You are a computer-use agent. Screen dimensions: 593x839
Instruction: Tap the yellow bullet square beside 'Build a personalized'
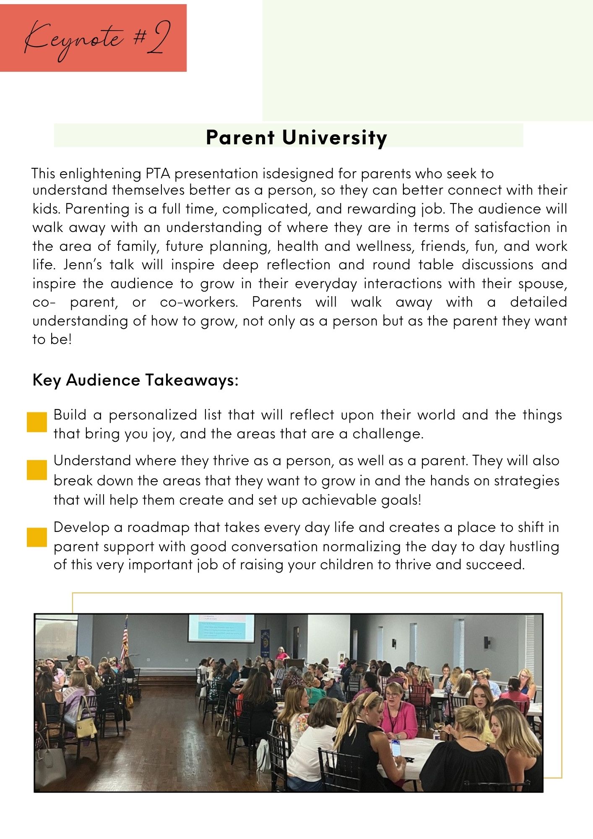(x=37, y=422)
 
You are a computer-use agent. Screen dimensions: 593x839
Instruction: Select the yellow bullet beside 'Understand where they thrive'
(x=37, y=470)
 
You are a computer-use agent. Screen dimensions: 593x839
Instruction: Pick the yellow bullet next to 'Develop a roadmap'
(x=37, y=537)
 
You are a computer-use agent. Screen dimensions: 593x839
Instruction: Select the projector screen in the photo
(x=221, y=628)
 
